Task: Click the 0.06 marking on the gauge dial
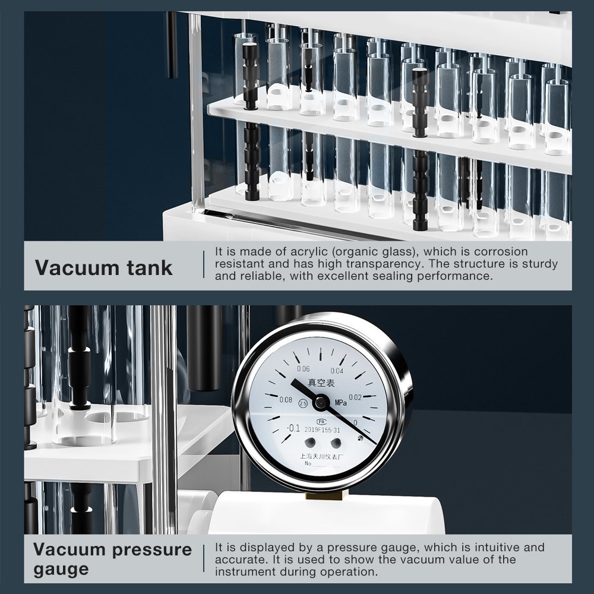[303, 369]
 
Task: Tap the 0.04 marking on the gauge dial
[337, 371]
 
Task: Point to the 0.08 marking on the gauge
[286, 400]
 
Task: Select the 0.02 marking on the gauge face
[355, 397]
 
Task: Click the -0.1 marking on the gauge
[293, 428]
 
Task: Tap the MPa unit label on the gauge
[340, 403]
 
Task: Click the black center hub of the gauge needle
[321, 402]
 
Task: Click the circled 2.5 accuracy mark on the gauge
[303, 403]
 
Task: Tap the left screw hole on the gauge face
[310, 442]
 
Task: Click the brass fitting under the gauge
[324, 495]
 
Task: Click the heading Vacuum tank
[103, 267]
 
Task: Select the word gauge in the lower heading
[61, 570]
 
